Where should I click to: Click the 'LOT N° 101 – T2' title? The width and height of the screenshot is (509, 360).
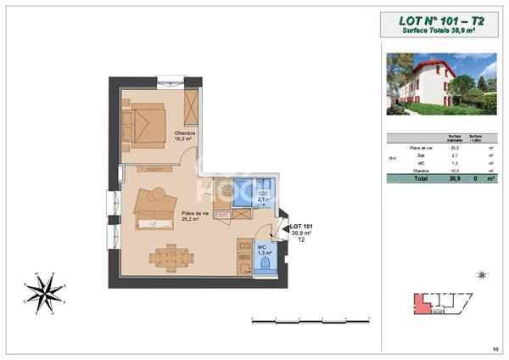point(439,21)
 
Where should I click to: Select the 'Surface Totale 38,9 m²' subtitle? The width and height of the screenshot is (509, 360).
point(439,31)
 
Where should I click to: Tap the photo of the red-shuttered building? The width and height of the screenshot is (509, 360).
point(441,84)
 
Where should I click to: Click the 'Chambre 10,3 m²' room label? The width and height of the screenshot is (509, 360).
point(185,136)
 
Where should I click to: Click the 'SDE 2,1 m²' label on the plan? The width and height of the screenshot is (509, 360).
point(263,196)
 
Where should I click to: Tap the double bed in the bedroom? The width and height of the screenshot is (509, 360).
point(145,126)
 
